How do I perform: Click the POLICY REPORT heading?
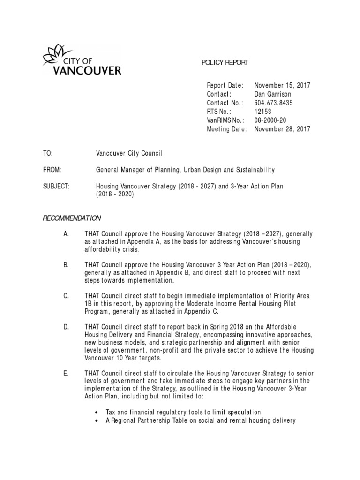pos(225,62)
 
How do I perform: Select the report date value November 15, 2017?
pos(282,85)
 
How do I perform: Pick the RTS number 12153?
pos(262,112)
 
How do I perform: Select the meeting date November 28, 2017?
pos(282,129)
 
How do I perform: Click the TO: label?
pos(48,153)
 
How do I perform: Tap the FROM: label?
pos(52,170)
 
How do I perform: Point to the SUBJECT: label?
pos(56,187)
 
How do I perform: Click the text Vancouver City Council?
pos(129,153)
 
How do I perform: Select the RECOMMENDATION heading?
pos(72,218)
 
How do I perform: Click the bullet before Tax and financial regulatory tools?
pos(97,412)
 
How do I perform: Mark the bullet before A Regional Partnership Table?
pos(97,421)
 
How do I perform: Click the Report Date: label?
pos(225,85)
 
